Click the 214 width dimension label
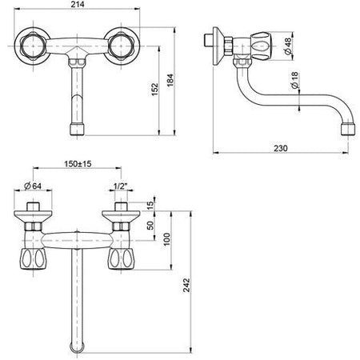pyautogui.click(x=78, y=5)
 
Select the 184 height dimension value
pyautogui.click(x=170, y=80)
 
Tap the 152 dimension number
pyautogui.click(x=154, y=90)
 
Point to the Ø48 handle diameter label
pyautogui.click(x=288, y=46)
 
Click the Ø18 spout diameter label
pyautogui.click(x=295, y=80)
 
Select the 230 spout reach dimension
pyautogui.click(x=281, y=148)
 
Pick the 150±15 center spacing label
pyautogui.click(x=78, y=163)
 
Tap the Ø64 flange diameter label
pyautogui.click(x=33, y=186)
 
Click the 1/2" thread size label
pyautogui.click(x=120, y=186)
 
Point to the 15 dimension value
pyautogui.click(x=150, y=204)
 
